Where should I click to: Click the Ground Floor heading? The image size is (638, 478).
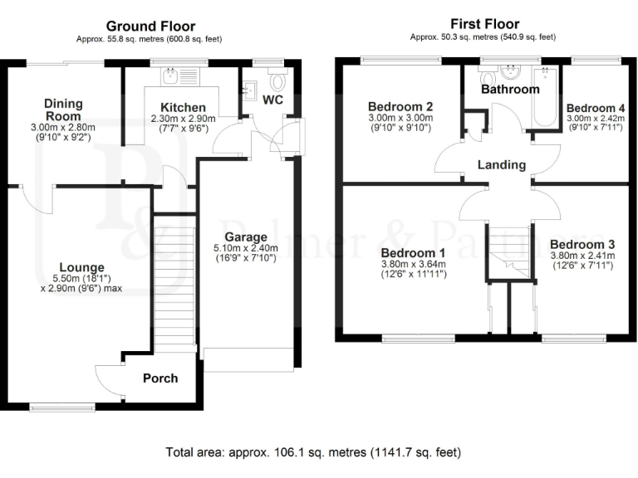151,26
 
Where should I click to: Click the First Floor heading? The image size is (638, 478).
484,24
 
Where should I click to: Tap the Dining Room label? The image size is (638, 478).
64,110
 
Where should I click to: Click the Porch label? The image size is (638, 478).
160,378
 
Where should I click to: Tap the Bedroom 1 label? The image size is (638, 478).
414,252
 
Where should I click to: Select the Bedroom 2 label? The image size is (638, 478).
401,106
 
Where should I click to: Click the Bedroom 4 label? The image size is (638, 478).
596,108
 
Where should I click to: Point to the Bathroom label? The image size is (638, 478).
510,89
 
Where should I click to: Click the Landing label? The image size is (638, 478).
501,164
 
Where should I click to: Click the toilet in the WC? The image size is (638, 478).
277,82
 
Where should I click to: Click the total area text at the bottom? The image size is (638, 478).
314,453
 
